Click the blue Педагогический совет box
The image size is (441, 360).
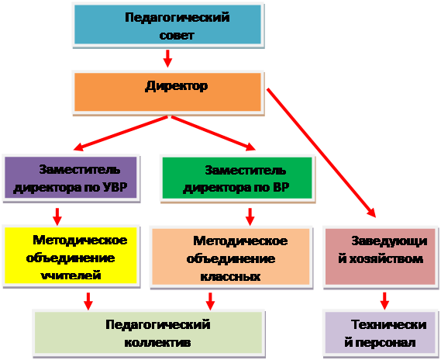pos(168,25)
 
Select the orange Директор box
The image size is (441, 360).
pos(168,92)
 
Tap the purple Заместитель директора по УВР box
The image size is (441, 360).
pos(71,178)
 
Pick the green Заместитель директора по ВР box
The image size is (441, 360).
pos(238,178)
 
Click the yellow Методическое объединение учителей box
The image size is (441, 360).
pos(71,256)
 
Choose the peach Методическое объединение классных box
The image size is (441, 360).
pos(231,257)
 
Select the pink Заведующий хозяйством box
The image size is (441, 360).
pos(381,257)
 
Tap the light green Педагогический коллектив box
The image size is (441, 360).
pos(149,334)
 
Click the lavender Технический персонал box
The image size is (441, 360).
pos(381,334)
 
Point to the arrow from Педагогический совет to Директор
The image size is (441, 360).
pos(167,58)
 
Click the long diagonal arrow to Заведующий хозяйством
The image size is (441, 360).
pos(321,153)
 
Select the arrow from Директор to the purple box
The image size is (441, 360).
pos(120,133)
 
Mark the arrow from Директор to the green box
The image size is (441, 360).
pos(213,133)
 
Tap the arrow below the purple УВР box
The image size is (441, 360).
pos(57,216)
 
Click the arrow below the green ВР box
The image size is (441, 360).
pos(250,216)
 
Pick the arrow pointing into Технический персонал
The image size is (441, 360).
pos(384,301)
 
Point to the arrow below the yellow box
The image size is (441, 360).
pos(88,301)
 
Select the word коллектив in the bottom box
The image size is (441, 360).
pos(157,343)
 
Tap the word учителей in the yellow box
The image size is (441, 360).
pos(71,275)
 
